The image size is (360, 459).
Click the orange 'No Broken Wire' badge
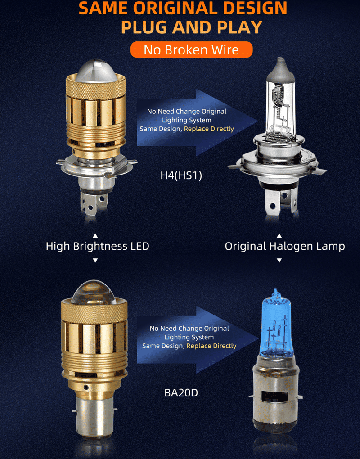tap(191, 49)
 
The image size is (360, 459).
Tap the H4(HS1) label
tap(181, 175)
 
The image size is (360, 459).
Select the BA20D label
tap(181, 392)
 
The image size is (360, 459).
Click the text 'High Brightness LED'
tap(97, 246)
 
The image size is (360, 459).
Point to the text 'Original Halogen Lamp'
tap(285, 246)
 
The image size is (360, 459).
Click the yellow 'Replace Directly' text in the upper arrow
tap(209, 129)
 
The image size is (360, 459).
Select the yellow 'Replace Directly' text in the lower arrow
tap(211, 346)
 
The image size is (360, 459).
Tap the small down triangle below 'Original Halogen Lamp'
tap(279, 260)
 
